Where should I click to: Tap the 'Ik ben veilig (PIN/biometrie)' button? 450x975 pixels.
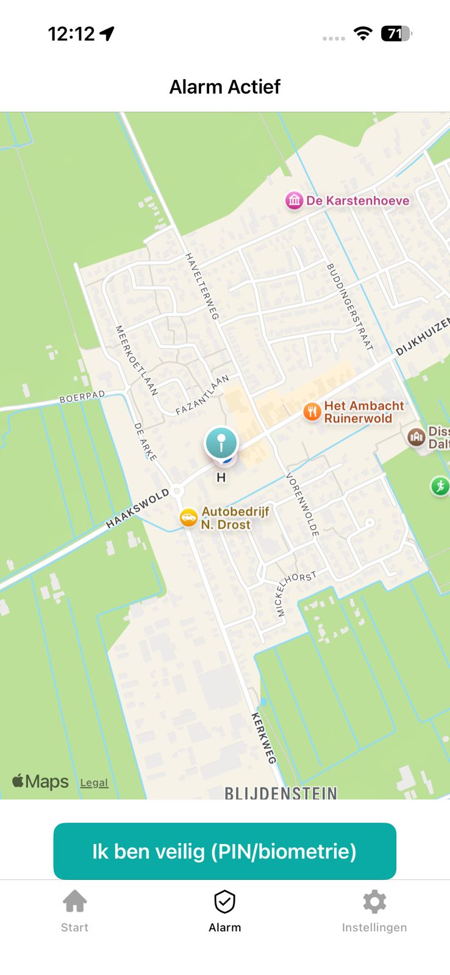pos(224,851)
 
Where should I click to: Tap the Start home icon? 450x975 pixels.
pos(74,901)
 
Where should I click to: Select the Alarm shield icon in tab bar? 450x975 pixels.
pos(224,902)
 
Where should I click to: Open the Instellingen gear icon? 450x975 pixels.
pos(374,901)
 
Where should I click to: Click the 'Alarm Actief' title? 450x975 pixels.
pos(224,87)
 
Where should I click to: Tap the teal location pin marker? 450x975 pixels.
pos(221,442)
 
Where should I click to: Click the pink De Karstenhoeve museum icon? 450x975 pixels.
pos(295,200)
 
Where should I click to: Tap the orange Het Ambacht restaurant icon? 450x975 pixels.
pos(312,412)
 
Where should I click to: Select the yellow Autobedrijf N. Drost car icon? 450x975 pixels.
pos(189,518)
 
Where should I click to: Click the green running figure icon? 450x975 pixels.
pos(440,486)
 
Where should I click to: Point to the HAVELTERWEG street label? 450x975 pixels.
pos(202,286)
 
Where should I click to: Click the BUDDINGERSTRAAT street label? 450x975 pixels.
pos(349,307)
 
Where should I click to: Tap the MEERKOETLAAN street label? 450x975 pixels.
pos(137,360)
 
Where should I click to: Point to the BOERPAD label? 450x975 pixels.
pos(82,397)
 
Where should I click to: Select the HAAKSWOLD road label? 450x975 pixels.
pos(137,508)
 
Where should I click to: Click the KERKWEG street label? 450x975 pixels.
pos(264,737)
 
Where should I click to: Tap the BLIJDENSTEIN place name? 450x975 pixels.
pos(280,793)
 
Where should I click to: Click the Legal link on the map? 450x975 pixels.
pos(94,783)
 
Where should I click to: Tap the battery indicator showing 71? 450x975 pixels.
pos(396,34)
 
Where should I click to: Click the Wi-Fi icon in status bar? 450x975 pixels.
pos(363,34)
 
